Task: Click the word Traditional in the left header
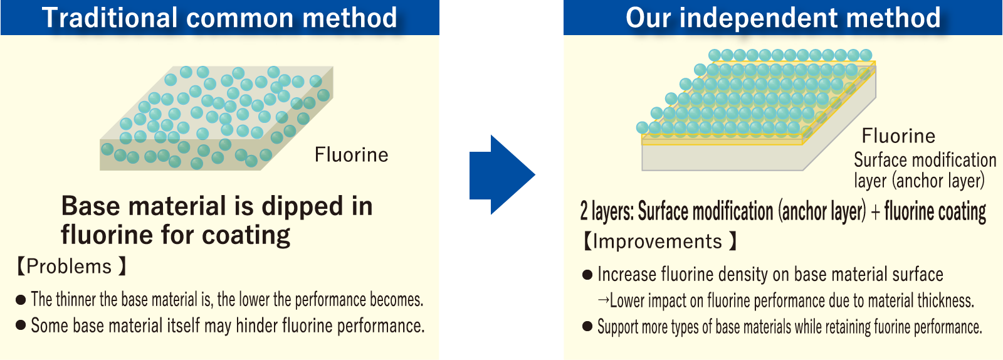pyautogui.click(x=110, y=18)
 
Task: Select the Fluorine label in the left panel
pyautogui.click(x=352, y=155)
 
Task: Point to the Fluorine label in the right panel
pyautogui.click(x=899, y=135)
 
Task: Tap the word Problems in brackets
pyautogui.click(x=69, y=267)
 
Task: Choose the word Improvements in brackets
pyautogui.click(x=658, y=241)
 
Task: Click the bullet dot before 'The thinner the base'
pyautogui.click(x=21, y=300)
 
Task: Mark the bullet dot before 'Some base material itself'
pyautogui.click(x=21, y=325)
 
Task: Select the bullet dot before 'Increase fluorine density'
pyautogui.click(x=587, y=275)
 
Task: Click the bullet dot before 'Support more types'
pyautogui.click(x=587, y=326)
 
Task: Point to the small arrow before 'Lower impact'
pyautogui.click(x=602, y=300)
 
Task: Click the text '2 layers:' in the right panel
pyautogui.click(x=607, y=211)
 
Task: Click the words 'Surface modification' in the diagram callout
pyautogui.click(x=925, y=160)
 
